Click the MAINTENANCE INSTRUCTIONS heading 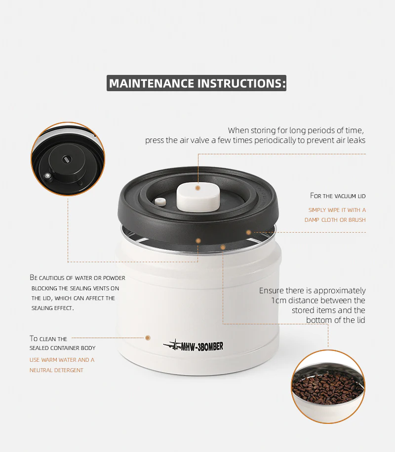click(197, 83)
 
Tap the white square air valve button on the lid click(198, 196)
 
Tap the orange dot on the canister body click(148, 338)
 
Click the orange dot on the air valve click(197, 188)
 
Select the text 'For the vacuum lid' click(338, 196)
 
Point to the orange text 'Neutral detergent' click(56, 370)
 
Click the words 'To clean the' click(48, 339)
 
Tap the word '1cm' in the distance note click(279, 300)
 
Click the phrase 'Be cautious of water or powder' click(78, 278)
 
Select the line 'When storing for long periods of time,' click(296, 131)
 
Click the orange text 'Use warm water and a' click(62, 360)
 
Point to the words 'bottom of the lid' click(336, 320)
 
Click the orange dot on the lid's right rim click(249, 232)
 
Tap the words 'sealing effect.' click(52, 308)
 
